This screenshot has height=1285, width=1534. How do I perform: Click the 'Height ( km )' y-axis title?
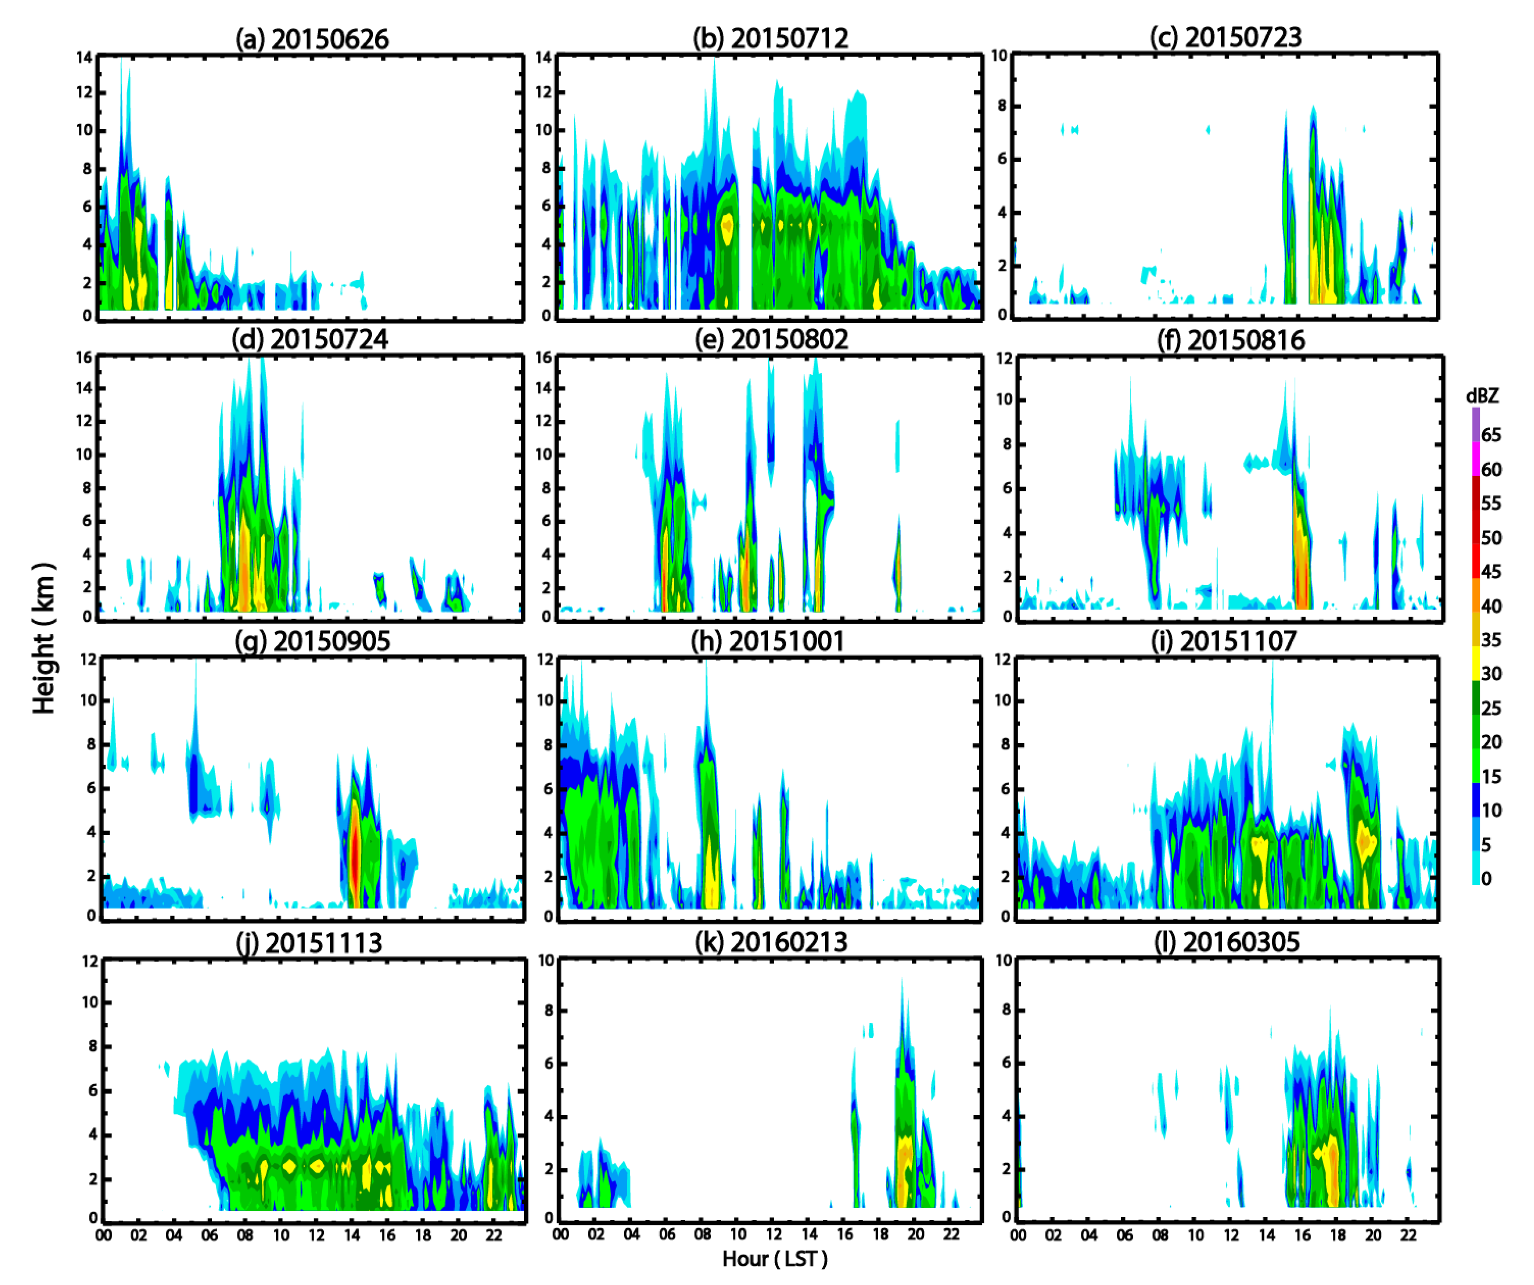[44, 638]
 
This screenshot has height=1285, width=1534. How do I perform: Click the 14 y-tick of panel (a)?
[85, 57]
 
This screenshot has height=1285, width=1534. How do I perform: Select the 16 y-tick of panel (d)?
[85, 357]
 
